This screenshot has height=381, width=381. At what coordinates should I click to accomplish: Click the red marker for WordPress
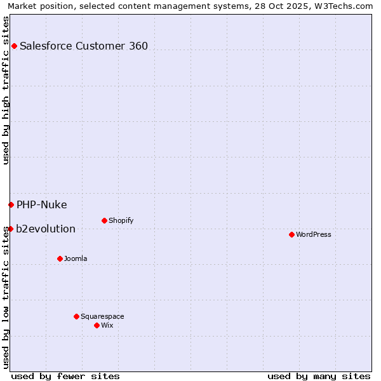(291, 234)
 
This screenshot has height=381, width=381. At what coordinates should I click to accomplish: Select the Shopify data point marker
(104, 220)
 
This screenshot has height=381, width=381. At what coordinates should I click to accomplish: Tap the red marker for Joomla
(60, 258)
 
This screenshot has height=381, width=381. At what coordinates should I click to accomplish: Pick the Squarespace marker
(76, 316)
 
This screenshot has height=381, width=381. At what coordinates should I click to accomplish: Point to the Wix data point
(97, 325)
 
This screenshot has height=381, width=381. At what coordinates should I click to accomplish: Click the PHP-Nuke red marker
(11, 204)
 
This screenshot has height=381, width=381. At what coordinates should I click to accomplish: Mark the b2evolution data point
(10, 229)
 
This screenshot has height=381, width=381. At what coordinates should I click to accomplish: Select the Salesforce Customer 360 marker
(14, 46)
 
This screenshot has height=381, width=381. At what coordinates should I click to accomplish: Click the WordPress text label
(314, 234)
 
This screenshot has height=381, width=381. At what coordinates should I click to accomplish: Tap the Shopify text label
(121, 220)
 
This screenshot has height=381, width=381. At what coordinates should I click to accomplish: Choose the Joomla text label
(76, 258)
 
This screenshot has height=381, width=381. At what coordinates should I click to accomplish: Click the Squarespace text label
(102, 316)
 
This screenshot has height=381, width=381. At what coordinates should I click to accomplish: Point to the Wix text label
(107, 325)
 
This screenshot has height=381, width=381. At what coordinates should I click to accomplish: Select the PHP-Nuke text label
(42, 204)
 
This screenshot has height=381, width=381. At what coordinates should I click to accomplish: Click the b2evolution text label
(46, 229)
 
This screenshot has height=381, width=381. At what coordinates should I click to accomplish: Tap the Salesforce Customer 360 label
(84, 46)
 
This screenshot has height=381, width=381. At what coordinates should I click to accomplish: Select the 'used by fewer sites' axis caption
(65, 376)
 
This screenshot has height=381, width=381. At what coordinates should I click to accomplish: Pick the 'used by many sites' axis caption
(319, 376)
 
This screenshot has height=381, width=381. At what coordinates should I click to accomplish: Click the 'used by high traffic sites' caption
(6, 90)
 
